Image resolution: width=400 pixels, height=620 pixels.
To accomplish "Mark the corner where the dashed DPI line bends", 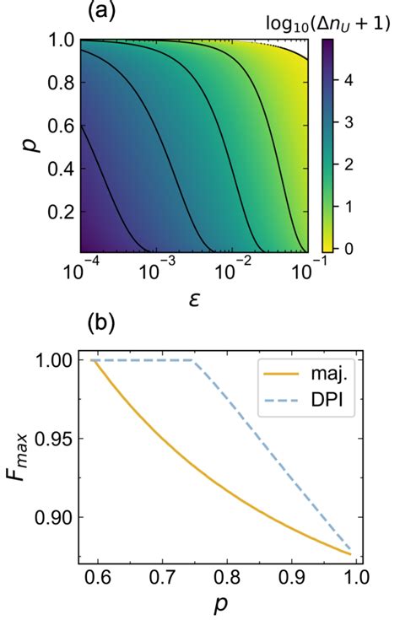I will point(193,360).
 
